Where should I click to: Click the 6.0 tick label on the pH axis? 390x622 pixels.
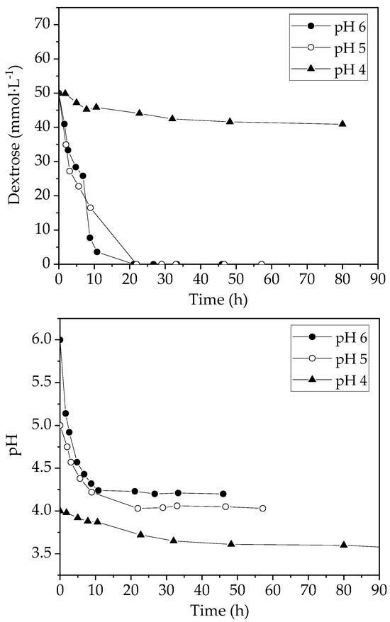point(43,340)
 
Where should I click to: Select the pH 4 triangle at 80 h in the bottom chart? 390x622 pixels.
point(344,545)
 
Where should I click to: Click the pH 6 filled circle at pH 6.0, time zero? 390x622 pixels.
point(60,340)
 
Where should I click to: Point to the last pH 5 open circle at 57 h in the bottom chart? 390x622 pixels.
point(263,508)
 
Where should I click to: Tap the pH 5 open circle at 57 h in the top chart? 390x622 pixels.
point(262,264)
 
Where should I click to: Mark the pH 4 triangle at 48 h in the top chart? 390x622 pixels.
point(230,121)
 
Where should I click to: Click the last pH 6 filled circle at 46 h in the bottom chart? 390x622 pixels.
point(223,494)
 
